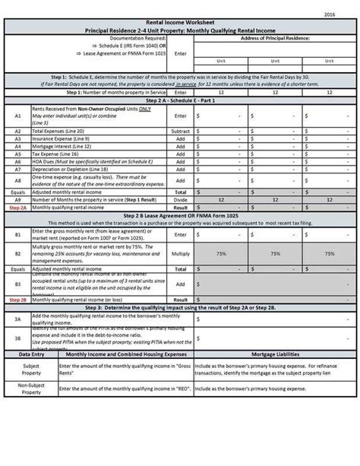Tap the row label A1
point(17,116)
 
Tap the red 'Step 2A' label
point(17,206)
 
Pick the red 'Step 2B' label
point(17,300)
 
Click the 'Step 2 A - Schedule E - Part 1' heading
point(179,100)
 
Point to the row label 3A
point(17,319)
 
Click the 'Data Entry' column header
point(30,353)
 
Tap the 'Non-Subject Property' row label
point(30,388)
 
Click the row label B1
point(17,236)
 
